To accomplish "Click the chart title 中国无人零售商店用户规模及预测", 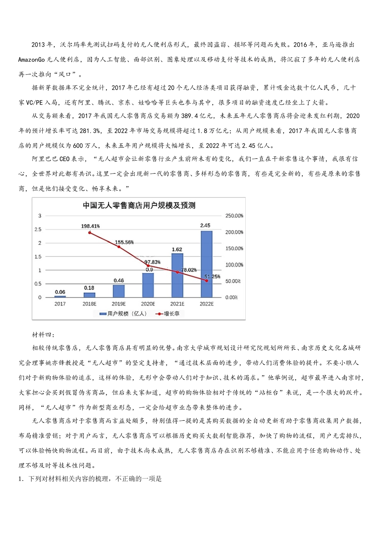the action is coord(139,205).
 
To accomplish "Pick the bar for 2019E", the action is coord(119,291).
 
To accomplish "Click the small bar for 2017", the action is coord(60,296).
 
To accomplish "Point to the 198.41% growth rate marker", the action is coord(90,233).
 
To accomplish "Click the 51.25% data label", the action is coord(212,276).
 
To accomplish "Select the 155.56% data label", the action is coord(124,242).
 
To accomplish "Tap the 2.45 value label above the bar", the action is coord(205,225).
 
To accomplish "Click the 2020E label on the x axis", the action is coord(148,304).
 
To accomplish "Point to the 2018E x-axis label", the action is coord(89,304).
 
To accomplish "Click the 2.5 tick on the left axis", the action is coord(38,229).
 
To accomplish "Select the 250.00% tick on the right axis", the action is coord(234,216).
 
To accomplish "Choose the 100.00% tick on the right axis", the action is coord(234,265).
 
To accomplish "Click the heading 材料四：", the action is coord(43,335).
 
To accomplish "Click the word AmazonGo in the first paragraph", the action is coord(32,59).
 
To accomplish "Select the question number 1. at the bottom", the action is coord(22,479).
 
